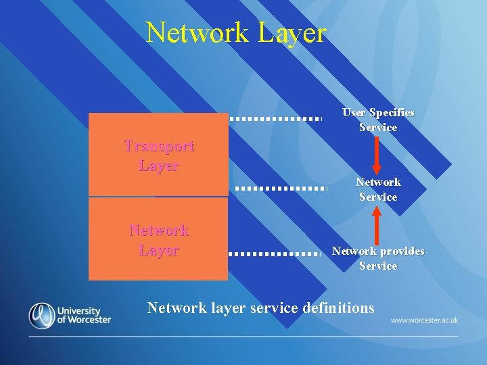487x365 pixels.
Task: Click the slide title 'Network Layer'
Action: (x=236, y=32)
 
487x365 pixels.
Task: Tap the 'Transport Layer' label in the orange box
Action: (x=159, y=155)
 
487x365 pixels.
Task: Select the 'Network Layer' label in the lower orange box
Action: (x=159, y=240)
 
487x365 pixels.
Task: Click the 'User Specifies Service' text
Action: (x=378, y=120)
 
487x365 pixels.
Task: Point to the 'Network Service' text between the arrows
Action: (x=378, y=189)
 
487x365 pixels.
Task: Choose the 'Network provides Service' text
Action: (x=378, y=258)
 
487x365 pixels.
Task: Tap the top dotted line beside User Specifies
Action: (x=275, y=118)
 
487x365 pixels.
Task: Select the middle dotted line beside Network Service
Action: (x=281, y=187)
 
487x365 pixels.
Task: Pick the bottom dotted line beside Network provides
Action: (x=273, y=253)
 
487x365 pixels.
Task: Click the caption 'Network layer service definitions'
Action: (x=260, y=308)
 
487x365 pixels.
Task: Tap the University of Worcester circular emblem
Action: (x=42, y=316)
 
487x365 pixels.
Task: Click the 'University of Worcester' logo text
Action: (x=84, y=316)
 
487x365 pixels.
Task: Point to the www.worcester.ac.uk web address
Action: (x=424, y=320)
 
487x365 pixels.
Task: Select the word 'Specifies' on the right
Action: (x=392, y=112)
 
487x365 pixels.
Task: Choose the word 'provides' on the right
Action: (x=402, y=251)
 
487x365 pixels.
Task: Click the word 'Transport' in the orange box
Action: (x=159, y=145)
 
